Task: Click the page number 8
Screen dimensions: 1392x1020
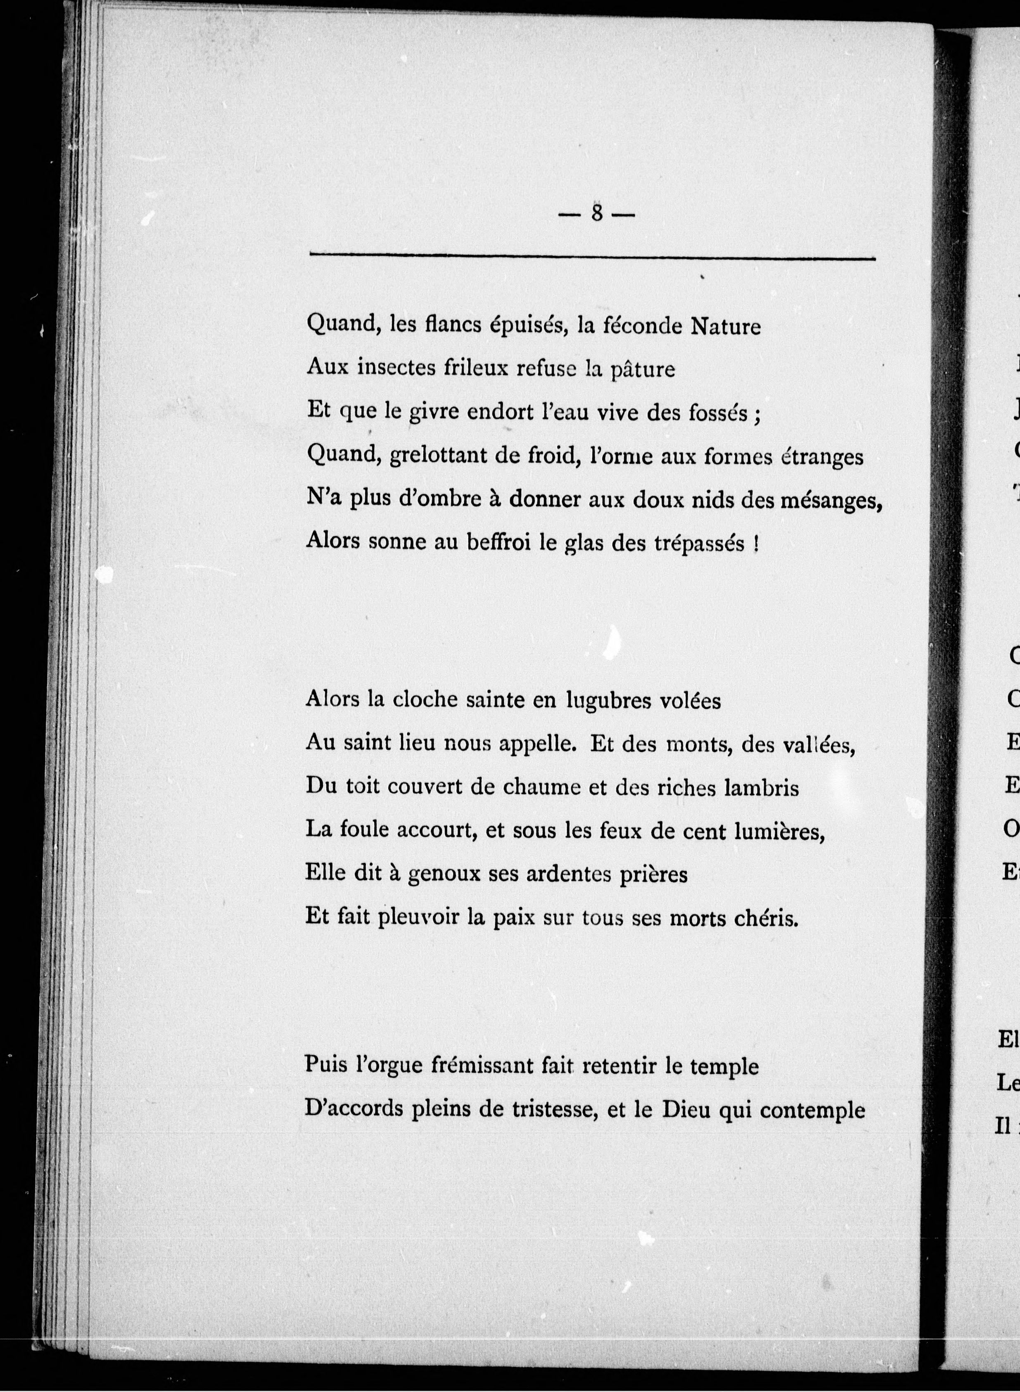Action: pos(596,213)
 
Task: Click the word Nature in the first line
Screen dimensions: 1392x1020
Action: pos(725,325)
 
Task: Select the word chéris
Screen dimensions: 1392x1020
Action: pos(765,918)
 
